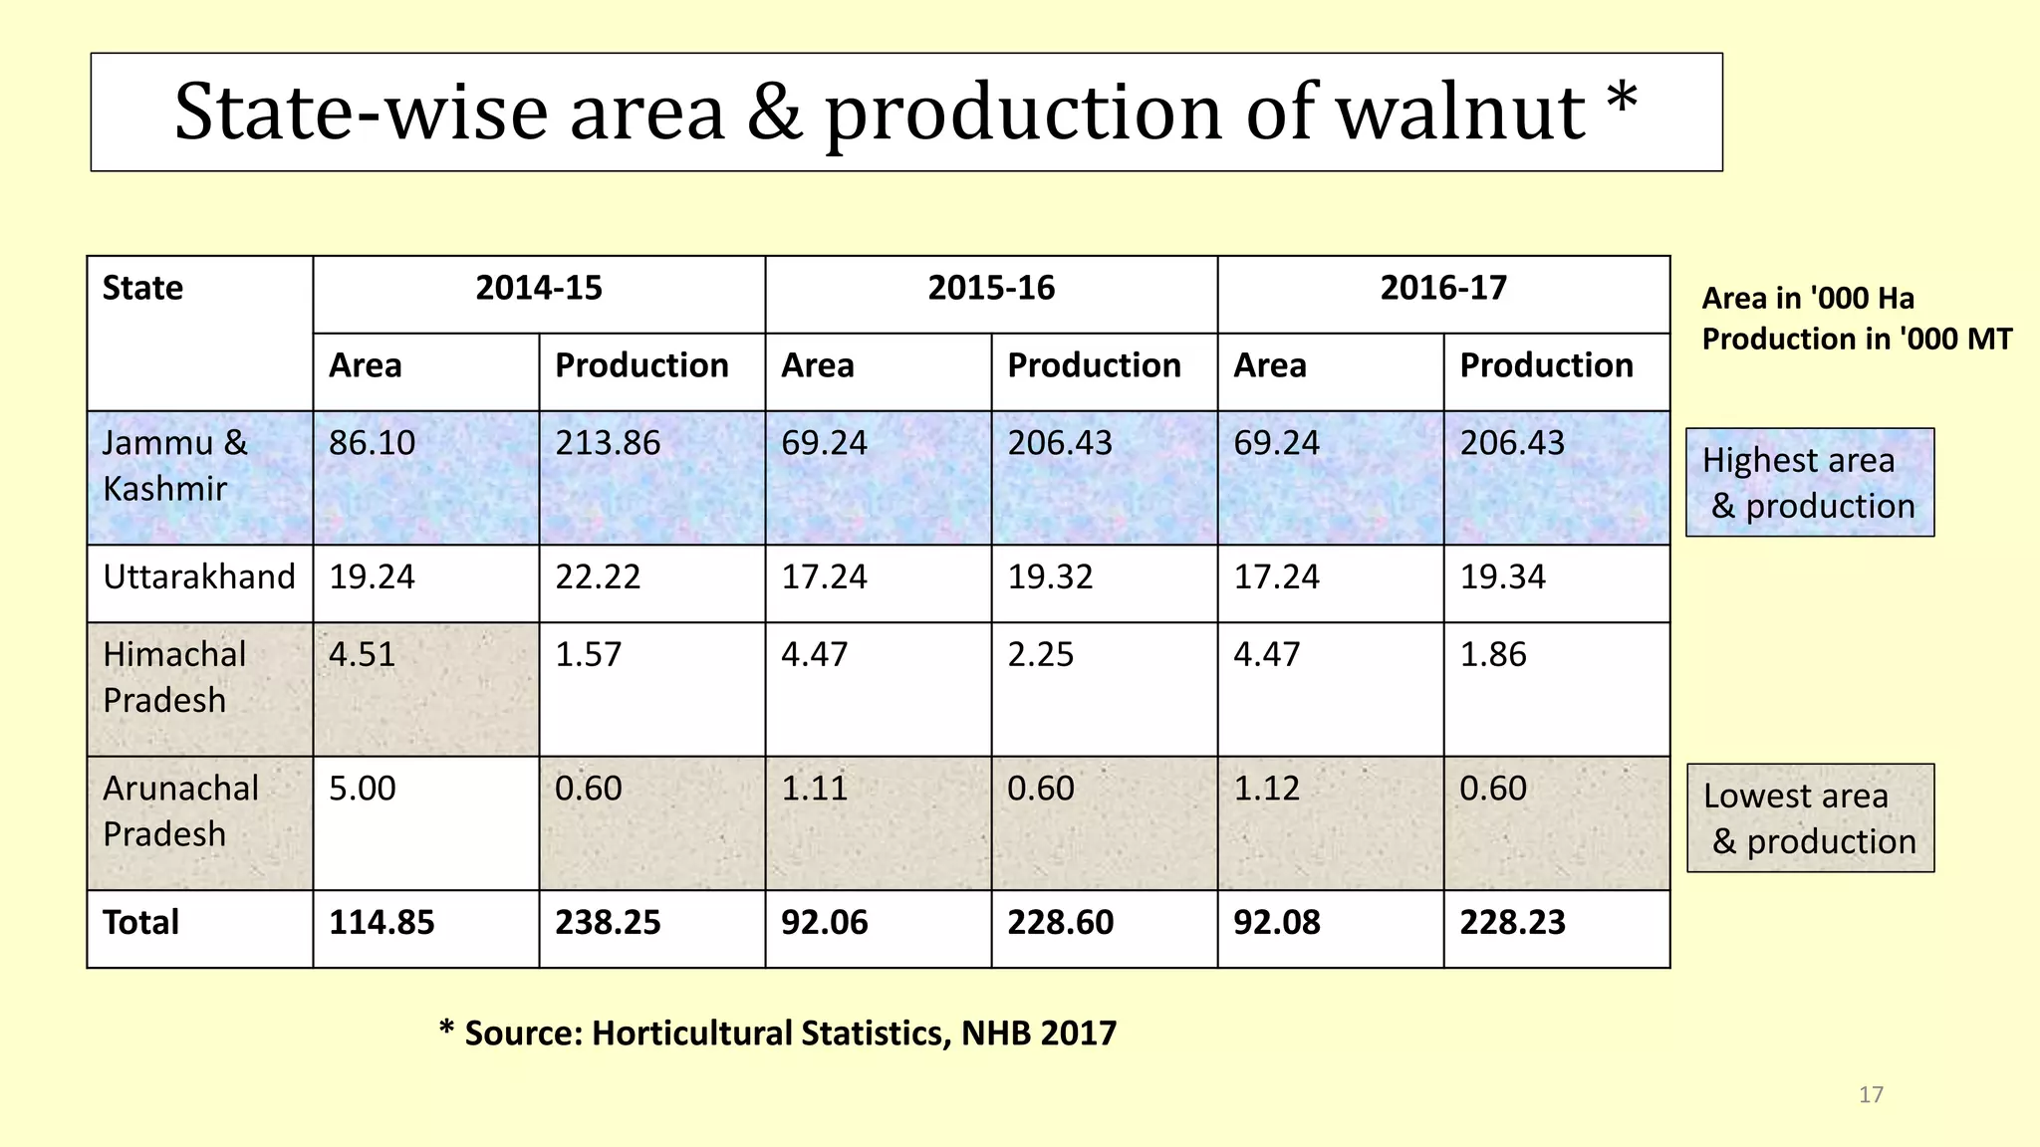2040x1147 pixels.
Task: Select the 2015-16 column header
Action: click(990, 289)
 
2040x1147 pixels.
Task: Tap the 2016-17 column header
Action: click(1442, 289)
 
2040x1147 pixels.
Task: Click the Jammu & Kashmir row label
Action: click(174, 466)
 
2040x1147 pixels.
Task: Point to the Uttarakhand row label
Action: click(199, 577)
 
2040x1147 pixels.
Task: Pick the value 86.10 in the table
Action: click(372, 443)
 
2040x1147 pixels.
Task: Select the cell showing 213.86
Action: click(608, 443)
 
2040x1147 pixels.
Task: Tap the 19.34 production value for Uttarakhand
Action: click(1502, 577)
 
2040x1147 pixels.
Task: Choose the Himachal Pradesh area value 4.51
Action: click(362, 655)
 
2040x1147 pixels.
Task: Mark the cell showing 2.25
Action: click(1040, 655)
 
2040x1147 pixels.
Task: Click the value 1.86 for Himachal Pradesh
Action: click(1492, 655)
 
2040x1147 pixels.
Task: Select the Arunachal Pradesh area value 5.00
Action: click(362, 789)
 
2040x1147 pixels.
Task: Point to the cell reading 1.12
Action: click(1266, 789)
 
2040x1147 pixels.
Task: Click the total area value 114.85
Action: click(382, 923)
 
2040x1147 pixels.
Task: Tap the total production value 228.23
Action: click(1512, 923)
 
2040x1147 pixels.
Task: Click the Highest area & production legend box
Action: click(1809, 483)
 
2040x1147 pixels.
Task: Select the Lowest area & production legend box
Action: click(1810, 818)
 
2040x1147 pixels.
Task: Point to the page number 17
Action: click(1871, 1095)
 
